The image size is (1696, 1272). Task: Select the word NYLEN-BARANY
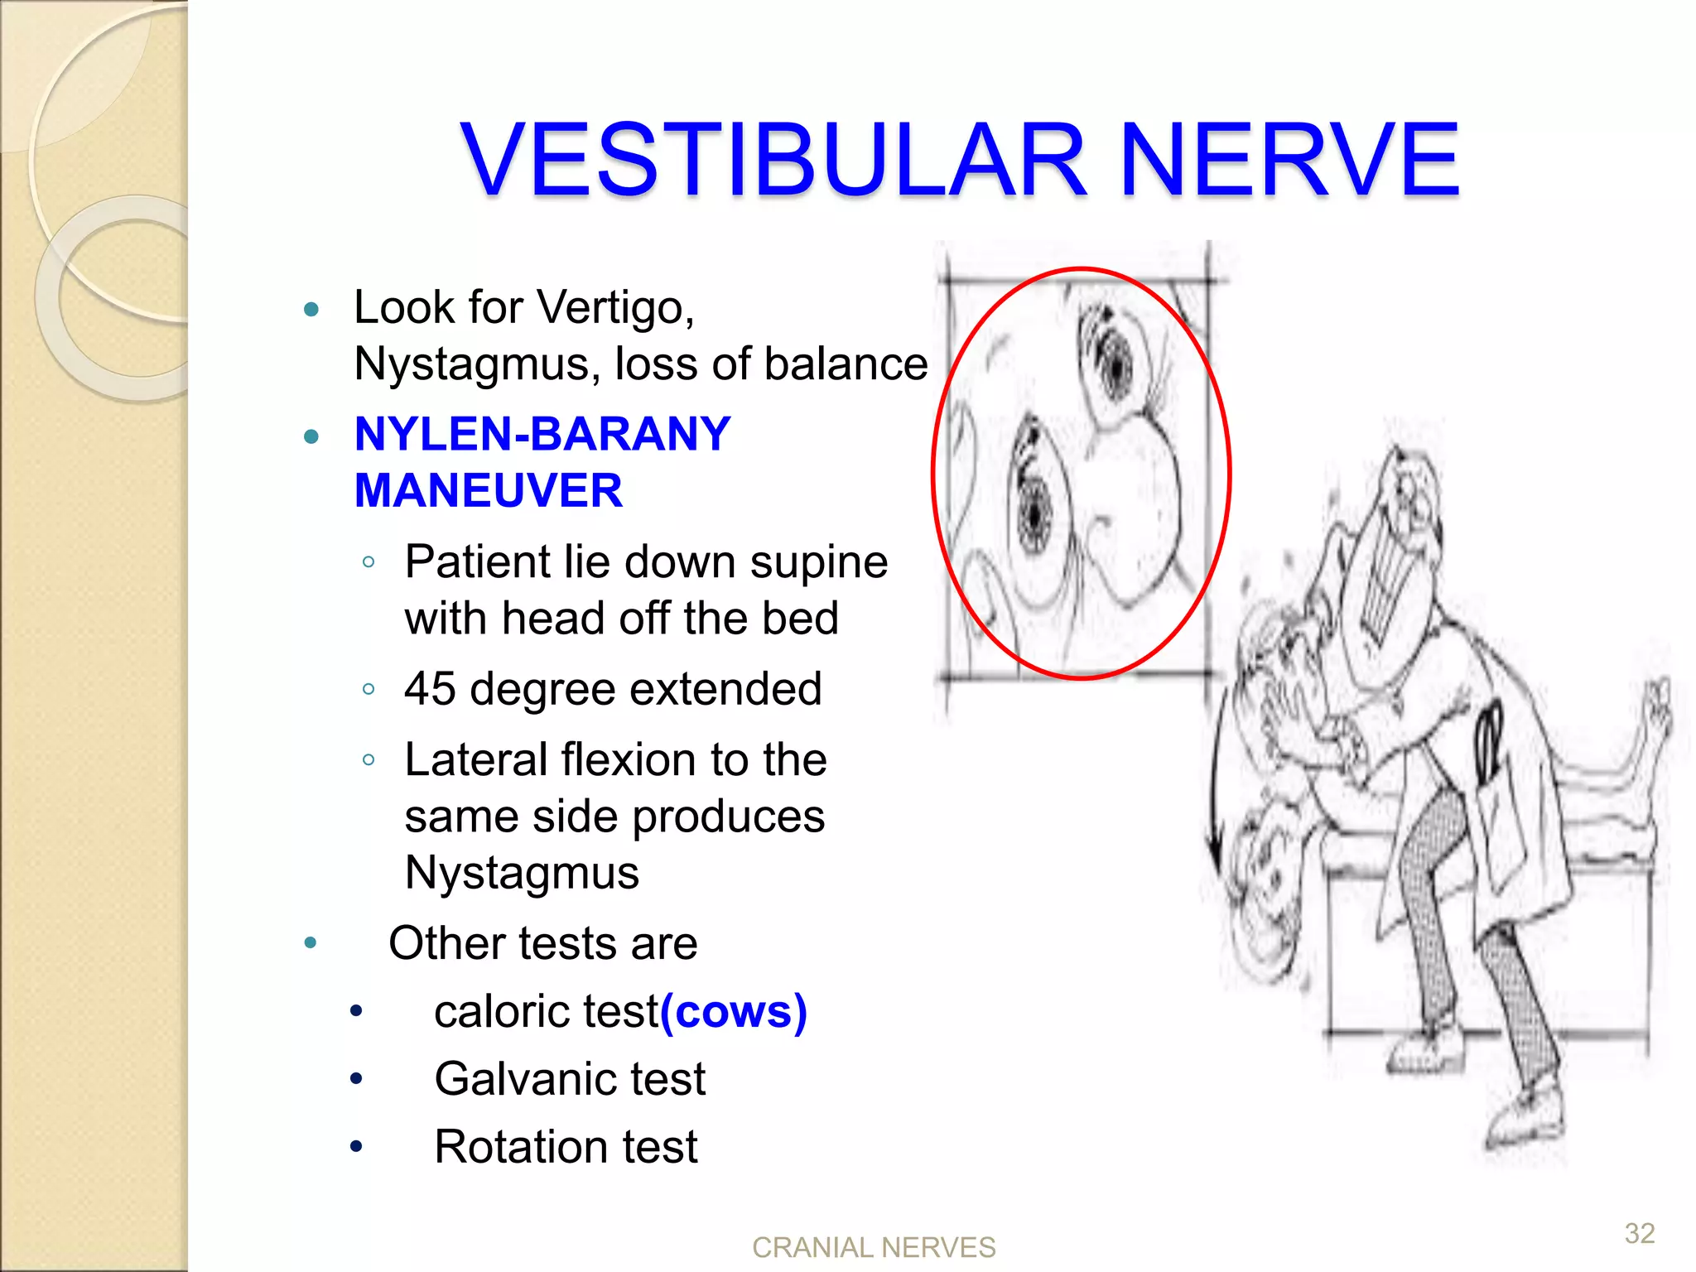coord(542,434)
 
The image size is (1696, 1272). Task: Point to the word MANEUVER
coord(488,490)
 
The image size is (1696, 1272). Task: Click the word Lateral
coord(475,759)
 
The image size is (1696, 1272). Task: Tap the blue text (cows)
coord(734,1011)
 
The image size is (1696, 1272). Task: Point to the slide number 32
coord(1639,1233)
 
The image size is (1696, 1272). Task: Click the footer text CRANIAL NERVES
coord(873,1247)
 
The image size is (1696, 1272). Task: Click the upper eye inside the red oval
coord(1114,365)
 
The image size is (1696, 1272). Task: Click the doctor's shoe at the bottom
coord(1524,1122)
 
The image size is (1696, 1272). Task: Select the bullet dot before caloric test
coord(356,1011)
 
